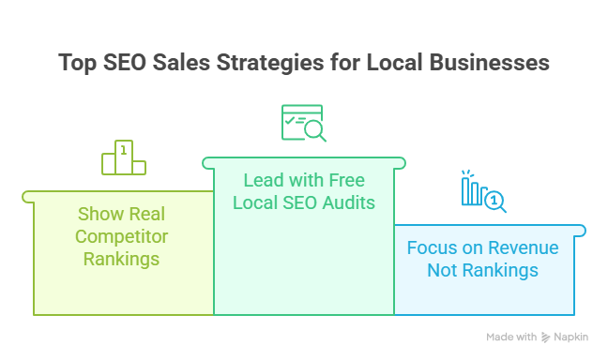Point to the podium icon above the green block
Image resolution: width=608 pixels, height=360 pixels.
(123, 157)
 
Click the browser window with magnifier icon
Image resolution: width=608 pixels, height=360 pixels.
(303, 123)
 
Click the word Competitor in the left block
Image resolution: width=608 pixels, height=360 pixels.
(122, 235)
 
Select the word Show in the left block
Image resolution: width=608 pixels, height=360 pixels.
(99, 214)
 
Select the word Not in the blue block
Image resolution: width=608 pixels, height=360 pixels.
(442, 270)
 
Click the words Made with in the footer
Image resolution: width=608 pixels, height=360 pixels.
(511, 337)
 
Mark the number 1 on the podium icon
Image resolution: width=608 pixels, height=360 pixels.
(123, 148)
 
